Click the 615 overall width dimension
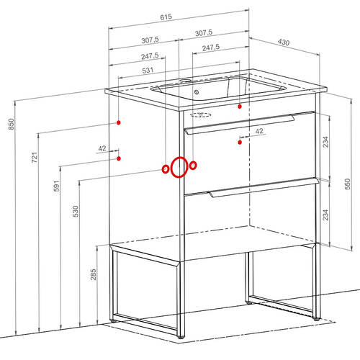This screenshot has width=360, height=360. tap(166, 17)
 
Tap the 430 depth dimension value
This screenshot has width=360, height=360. tap(284, 42)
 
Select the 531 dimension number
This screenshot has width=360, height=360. tap(148, 71)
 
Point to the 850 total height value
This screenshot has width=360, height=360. tap(12, 125)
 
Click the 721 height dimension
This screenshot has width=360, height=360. tap(35, 158)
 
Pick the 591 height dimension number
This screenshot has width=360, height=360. tap(56, 186)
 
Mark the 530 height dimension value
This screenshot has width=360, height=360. tap(76, 211)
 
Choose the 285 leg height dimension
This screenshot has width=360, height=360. tap(93, 274)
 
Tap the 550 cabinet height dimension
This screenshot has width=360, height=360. tap(347, 184)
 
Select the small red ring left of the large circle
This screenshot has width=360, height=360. tap(166, 169)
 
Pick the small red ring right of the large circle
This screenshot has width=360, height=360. tap(193, 166)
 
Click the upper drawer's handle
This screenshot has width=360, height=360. tap(239, 125)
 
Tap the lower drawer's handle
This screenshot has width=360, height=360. tap(264, 187)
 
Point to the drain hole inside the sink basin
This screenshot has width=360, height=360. tap(197, 92)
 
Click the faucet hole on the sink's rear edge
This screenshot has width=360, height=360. tap(185, 80)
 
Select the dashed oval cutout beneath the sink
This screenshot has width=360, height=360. tap(201, 115)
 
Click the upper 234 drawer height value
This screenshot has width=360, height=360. tap(325, 142)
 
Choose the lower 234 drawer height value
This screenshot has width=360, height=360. tap(325, 215)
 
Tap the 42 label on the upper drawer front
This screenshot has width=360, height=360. tap(259, 131)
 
